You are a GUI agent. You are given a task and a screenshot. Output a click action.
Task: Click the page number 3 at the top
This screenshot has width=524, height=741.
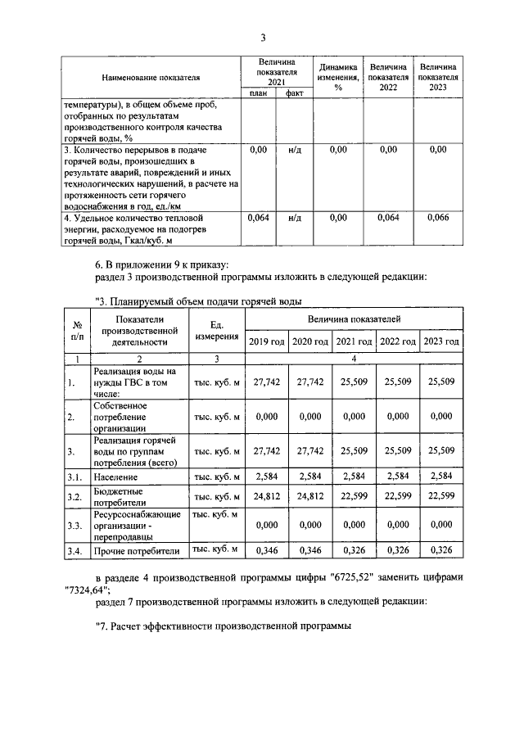tap(262, 38)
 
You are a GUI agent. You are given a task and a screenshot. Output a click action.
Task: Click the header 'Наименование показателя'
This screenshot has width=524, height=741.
tap(151, 78)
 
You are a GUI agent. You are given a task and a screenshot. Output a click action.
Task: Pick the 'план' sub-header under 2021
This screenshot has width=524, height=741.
tap(258, 93)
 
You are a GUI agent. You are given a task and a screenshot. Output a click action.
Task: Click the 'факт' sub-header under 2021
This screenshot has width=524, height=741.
tap(295, 93)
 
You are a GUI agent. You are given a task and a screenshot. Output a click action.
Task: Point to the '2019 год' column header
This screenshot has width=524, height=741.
tap(267, 340)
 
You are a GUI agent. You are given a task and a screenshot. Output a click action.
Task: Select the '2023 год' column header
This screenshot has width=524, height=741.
tap(441, 340)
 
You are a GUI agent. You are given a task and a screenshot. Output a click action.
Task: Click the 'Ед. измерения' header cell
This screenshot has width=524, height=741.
tap(217, 331)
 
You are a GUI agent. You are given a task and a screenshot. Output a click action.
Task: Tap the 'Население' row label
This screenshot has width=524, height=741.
tap(115, 476)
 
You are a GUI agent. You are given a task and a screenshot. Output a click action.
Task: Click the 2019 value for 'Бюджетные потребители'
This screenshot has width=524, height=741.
tap(267, 496)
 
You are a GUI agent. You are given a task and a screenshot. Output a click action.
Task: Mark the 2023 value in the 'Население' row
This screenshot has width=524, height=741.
tap(441, 476)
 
